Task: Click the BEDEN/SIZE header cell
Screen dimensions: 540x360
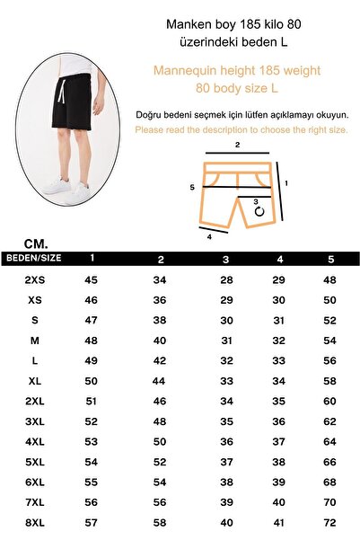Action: point(34,258)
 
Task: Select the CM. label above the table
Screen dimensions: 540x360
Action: point(37,243)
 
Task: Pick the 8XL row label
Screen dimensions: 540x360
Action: point(34,521)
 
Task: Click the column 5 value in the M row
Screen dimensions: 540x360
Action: point(329,341)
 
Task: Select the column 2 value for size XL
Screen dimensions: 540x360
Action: point(161,381)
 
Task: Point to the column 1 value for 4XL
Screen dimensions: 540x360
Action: point(91,441)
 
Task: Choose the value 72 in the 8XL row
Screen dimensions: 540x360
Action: point(329,521)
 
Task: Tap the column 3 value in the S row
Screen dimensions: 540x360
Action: point(226,321)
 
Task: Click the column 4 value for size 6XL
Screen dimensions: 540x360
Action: point(278,482)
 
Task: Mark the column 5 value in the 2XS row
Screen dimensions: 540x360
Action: point(329,280)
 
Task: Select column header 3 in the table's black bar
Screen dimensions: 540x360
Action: point(226,259)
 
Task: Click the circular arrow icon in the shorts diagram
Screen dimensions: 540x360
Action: point(259,213)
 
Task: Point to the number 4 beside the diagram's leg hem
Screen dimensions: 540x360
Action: point(209,237)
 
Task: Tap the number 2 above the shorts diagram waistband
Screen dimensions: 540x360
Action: point(237,145)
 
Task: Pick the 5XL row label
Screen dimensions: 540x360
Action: point(34,461)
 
